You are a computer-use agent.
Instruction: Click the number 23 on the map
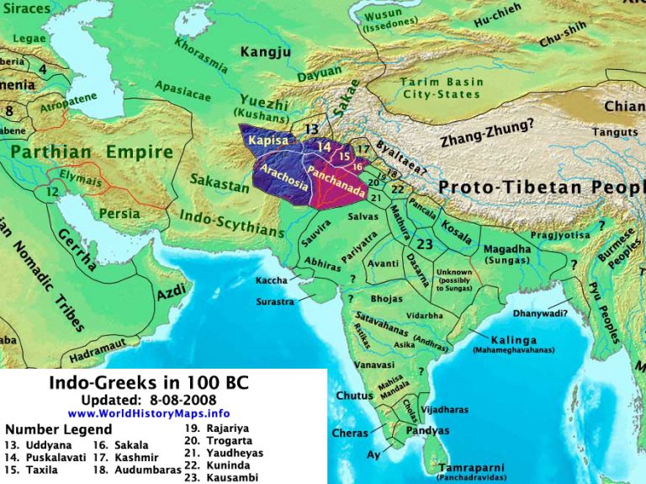click(425, 245)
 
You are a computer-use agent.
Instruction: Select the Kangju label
click(266, 53)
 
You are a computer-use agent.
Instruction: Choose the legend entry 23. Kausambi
click(220, 476)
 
